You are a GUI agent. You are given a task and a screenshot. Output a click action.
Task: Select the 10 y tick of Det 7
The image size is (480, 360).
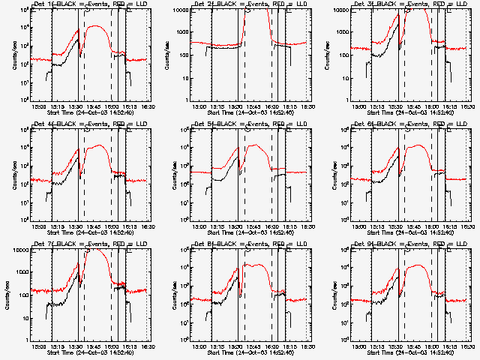pos(22,319)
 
